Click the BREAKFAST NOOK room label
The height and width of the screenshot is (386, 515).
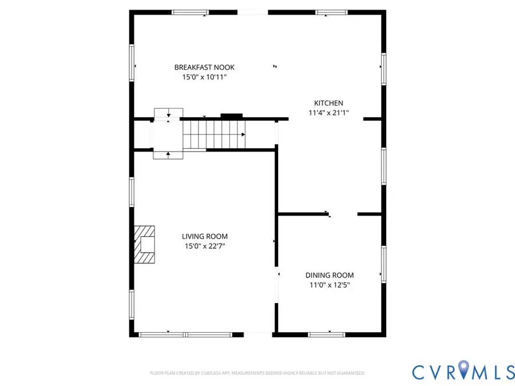coord(204,67)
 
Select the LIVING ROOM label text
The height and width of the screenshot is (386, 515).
coord(204,236)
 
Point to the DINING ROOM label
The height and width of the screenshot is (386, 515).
coord(329,275)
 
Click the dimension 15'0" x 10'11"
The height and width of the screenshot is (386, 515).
coord(204,77)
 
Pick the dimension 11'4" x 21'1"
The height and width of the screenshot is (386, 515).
coord(328,113)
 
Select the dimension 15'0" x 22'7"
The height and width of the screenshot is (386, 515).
coord(204,246)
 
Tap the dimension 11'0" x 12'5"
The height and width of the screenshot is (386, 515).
coord(329,284)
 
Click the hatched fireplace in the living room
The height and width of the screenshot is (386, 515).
coord(145,245)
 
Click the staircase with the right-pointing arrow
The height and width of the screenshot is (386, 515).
coord(213,134)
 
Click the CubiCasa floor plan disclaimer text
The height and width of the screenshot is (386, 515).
coord(257,373)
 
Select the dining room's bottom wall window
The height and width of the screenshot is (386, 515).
coord(327,335)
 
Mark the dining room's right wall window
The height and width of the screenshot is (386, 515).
coord(384,264)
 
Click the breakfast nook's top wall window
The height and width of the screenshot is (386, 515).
coord(191,12)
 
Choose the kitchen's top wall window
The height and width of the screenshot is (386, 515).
coord(332,12)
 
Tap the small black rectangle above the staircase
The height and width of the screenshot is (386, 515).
coord(231,116)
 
